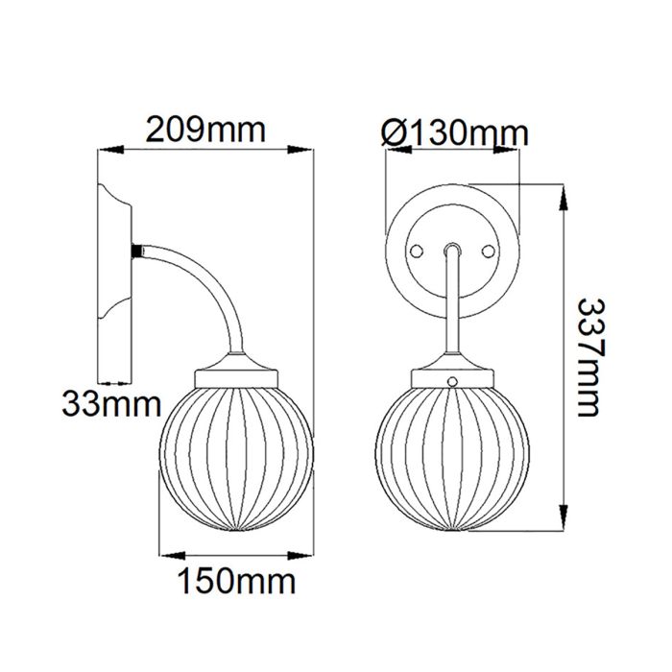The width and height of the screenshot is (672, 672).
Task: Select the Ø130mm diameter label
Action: pos(454,132)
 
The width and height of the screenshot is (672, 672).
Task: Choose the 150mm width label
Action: pos(234,581)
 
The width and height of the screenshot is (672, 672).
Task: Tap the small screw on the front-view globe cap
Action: pos(452,381)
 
